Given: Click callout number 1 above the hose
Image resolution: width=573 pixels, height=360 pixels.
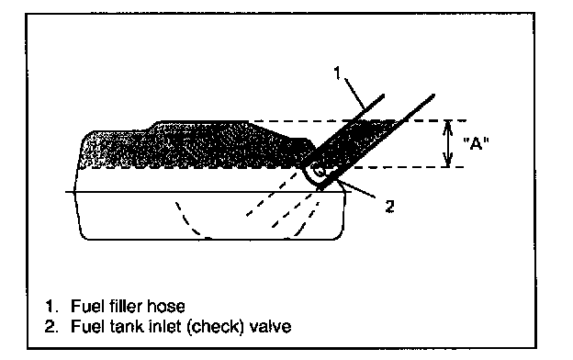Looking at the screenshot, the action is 337,73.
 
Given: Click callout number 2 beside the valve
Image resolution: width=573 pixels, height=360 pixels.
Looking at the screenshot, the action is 390,207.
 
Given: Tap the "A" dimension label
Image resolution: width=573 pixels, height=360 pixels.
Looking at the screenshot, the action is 476,143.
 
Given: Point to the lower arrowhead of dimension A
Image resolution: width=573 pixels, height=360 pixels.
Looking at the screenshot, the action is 448,162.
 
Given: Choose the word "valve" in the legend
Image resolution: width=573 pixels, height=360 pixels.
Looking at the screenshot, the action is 270,326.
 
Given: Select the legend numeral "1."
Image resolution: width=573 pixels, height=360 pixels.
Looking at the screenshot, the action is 51,306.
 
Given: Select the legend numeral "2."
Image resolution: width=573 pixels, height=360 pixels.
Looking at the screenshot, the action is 51,326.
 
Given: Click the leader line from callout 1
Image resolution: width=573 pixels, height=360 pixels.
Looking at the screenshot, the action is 354,94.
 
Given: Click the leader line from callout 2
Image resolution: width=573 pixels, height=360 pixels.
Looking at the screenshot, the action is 355,188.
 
